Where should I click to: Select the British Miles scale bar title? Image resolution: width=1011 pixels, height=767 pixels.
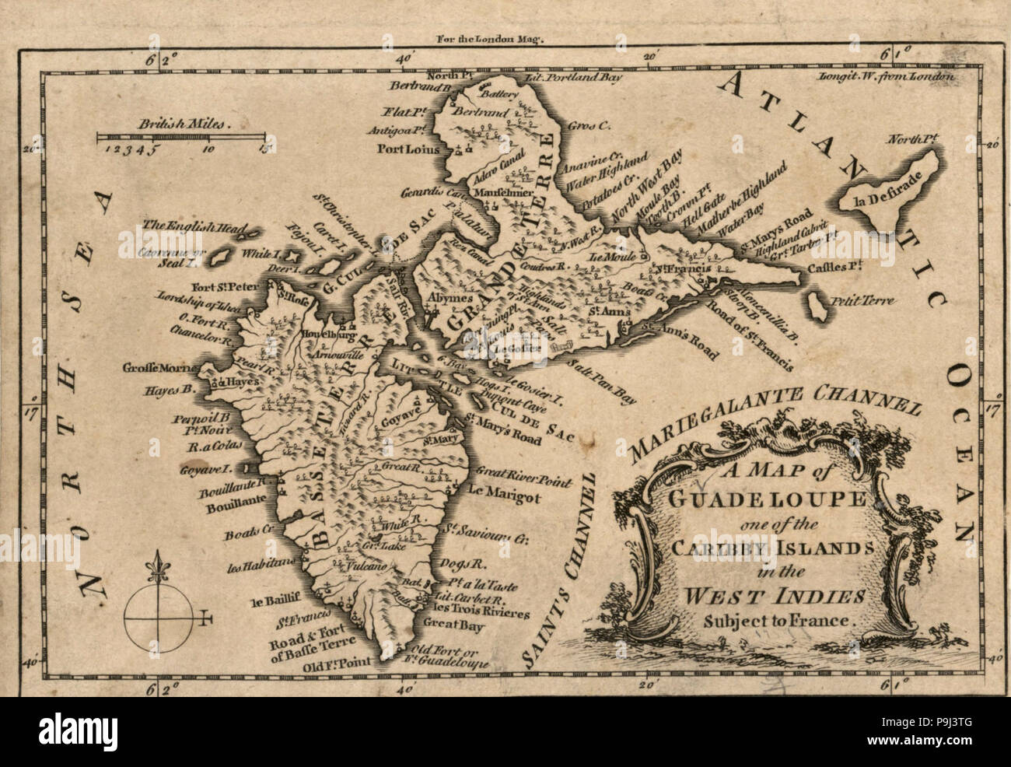(175, 123)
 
